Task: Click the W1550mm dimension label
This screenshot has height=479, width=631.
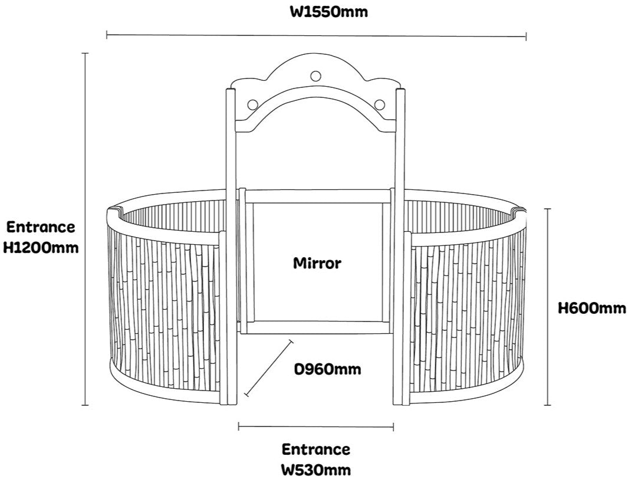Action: click(x=328, y=12)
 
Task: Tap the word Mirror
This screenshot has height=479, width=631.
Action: click(x=317, y=263)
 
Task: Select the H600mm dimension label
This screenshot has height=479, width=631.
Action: click(x=591, y=307)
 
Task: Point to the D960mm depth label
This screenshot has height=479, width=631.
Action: click(x=327, y=369)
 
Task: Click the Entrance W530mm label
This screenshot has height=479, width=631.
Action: click(x=315, y=460)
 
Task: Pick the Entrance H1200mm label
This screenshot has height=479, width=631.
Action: click(x=41, y=237)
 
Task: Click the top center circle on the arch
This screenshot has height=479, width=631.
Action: click(x=316, y=76)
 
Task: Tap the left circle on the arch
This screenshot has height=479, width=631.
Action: click(x=252, y=104)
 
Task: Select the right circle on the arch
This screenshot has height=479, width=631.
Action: click(x=380, y=104)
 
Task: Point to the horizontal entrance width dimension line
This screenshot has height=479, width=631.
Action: click(x=316, y=426)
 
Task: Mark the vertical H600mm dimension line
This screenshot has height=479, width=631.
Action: click(x=548, y=307)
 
